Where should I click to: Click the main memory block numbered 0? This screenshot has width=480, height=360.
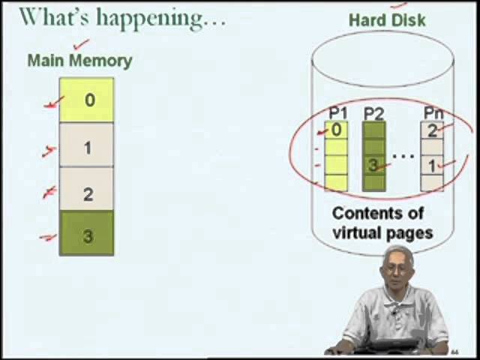[x=87, y=100]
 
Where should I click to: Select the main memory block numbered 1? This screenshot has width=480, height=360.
[x=87, y=146]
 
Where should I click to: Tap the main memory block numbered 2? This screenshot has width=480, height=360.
[x=87, y=192]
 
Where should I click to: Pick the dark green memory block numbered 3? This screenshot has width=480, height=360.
[x=87, y=235]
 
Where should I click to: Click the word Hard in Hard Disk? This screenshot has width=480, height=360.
[x=367, y=20]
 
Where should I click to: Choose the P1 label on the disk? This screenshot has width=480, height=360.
[x=338, y=114]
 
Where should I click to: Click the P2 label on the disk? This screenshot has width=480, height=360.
[x=373, y=114]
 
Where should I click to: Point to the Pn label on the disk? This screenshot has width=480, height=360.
[x=433, y=114]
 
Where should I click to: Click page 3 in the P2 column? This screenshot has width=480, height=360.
[x=373, y=165]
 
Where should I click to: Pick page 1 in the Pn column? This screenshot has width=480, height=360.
[x=432, y=165]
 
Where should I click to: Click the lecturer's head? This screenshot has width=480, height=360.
[x=397, y=267]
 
